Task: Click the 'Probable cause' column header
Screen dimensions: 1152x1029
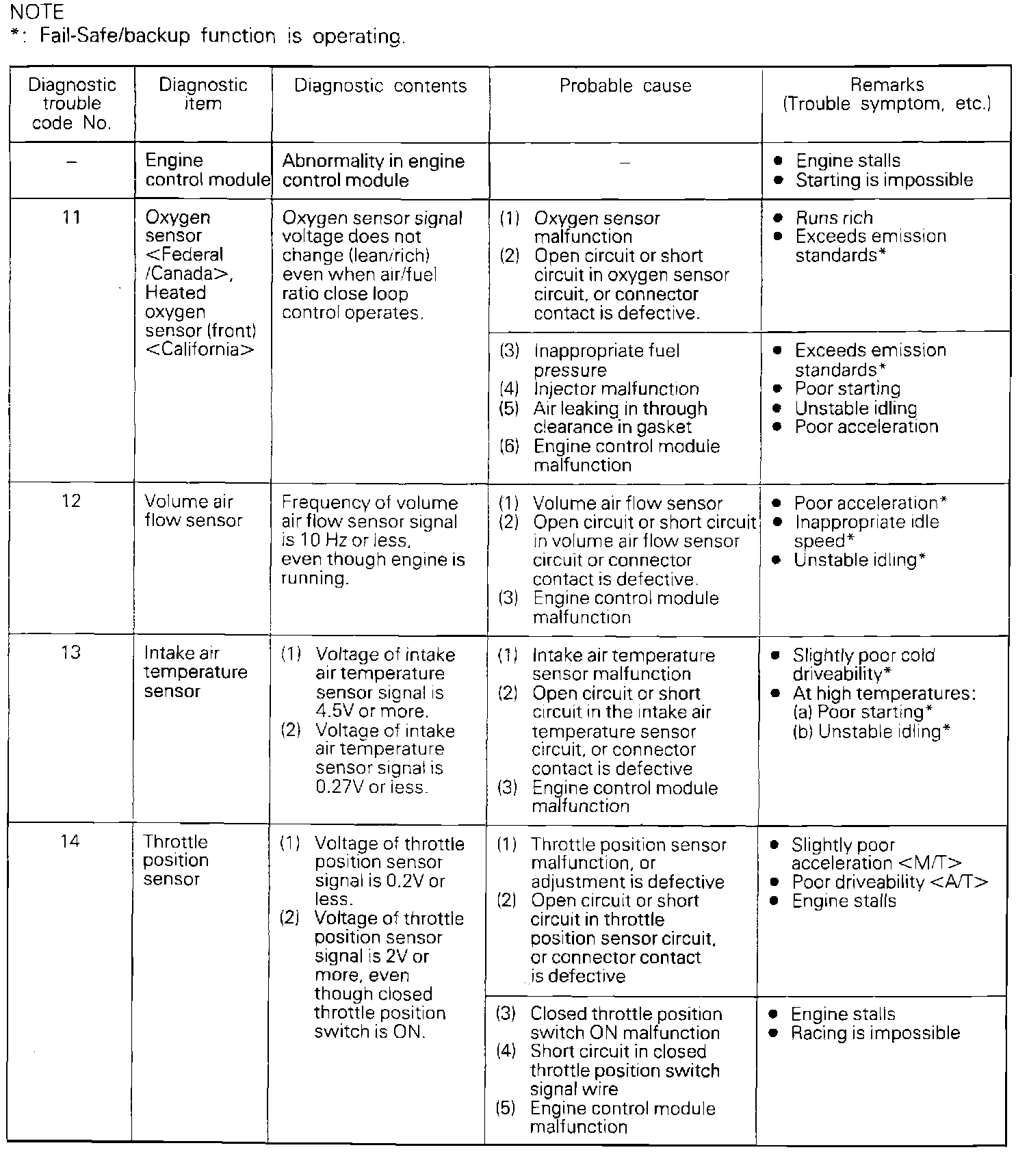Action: [625, 86]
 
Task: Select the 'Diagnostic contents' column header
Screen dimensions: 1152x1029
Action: [380, 86]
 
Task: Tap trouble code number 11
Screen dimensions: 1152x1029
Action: [71, 218]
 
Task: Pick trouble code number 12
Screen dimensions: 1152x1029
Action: [71, 501]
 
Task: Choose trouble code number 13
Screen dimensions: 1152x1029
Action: [70, 653]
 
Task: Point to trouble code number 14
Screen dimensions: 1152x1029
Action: [70, 841]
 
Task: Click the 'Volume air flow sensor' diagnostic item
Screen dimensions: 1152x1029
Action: [193, 511]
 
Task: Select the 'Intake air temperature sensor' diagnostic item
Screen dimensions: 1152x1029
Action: [195, 672]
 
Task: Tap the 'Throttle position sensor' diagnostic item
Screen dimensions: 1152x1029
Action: [176, 861]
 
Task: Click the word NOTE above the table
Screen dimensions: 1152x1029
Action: [37, 12]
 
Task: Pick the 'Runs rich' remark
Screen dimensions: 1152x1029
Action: [834, 218]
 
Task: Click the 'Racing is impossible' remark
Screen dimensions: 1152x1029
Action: [875, 1033]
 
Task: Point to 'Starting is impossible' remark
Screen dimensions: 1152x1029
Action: [884, 180]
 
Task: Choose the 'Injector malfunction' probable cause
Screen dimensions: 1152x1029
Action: [616, 389]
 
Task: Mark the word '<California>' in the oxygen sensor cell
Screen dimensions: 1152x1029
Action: [199, 350]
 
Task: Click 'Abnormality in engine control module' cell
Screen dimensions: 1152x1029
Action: [373, 170]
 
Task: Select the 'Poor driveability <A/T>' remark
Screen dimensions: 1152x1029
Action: [889, 882]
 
